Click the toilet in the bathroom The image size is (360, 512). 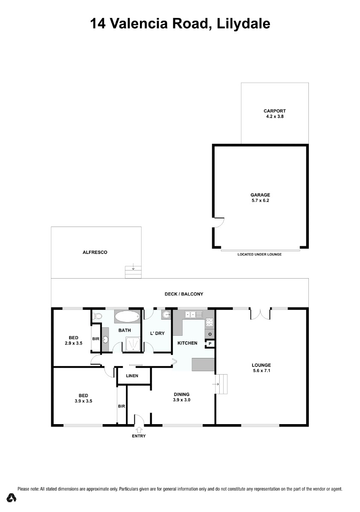pyautogui.click(x=97, y=316)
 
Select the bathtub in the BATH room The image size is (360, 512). pyautogui.click(x=127, y=316)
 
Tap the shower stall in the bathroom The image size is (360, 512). pyautogui.click(x=133, y=344)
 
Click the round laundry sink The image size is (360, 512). pyautogui.click(x=166, y=315)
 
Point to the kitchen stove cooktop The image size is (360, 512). pyautogui.click(x=209, y=322)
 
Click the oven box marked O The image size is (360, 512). pyautogui.click(x=209, y=334)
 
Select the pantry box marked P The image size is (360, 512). pyautogui.click(x=209, y=343)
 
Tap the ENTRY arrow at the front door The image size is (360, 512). pyautogui.click(x=139, y=430)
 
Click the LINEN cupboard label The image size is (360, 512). pyautogui.click(x=132, y=375)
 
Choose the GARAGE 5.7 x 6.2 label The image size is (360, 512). pyautogui.click(x=260, y=198)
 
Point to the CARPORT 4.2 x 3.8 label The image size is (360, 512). pyautogui.click(x=275, y=113)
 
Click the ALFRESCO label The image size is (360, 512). pyautogui.click(x=95, y=252)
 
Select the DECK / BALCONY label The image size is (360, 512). pyautogui.click(x=184, y=294)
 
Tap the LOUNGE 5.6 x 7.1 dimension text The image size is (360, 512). pyautogui.click(x=261, y=370)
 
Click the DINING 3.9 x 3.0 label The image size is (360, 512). pyautogui.click(x=182, y=397)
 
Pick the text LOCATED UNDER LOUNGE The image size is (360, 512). pyautogui.click(x=259, y=254)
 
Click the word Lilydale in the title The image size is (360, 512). pyautogui.click(x=243, y=24)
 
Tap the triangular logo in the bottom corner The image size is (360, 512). pyautogui.click(x=11, y=497)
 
